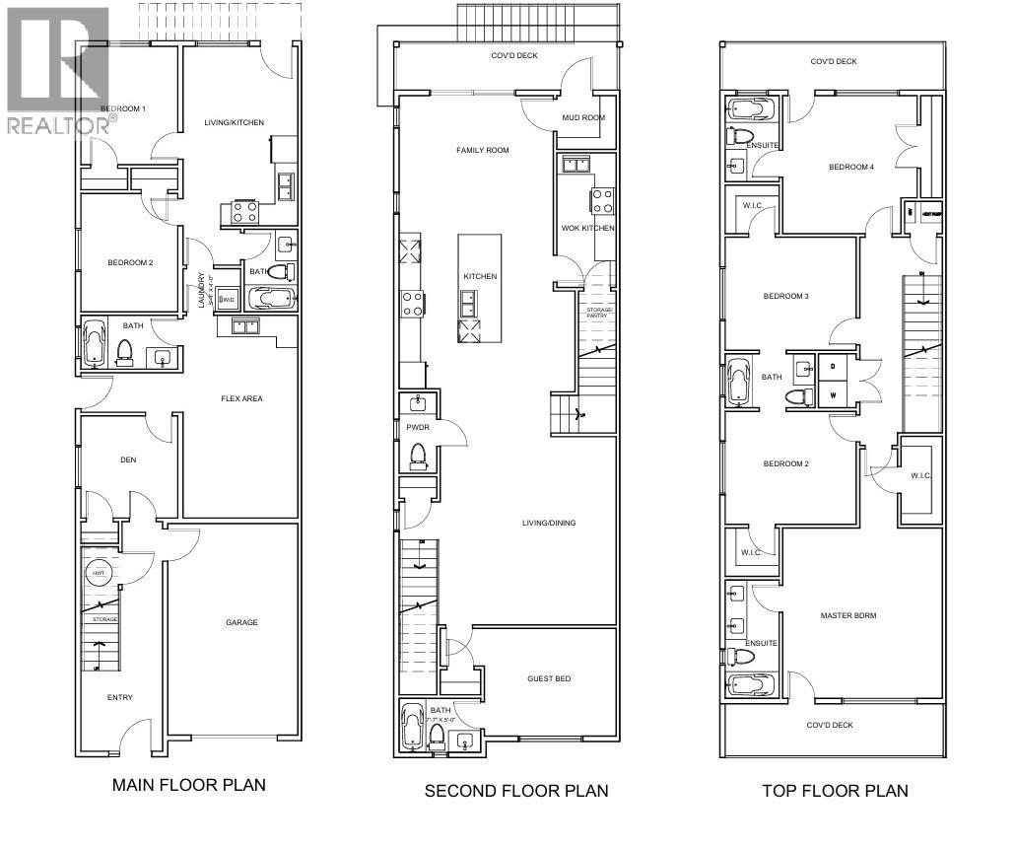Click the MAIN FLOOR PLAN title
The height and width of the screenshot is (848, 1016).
(188, 786)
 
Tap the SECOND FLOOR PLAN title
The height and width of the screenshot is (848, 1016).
(515, 791)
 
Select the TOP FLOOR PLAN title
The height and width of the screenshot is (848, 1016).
(835, 791)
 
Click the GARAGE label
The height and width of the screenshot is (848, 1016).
(241, 622)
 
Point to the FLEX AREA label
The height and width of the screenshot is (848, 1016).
(241, 399)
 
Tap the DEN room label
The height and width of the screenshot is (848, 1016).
(127, 459)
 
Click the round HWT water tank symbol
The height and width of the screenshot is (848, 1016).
(100, 573)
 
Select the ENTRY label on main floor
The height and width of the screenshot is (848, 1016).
(120, 698)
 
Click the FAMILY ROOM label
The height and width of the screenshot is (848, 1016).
(482, 151)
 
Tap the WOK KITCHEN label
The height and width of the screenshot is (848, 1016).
(588, 229)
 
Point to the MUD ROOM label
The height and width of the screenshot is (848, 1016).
(582, 118)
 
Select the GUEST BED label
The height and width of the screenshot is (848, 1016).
(549, 678)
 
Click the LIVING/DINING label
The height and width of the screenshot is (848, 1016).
(549, 523)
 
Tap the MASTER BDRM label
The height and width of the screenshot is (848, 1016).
(848, 615)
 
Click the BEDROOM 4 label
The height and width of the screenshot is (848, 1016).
(850, 168)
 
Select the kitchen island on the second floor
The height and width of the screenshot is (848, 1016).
(479, 288)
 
